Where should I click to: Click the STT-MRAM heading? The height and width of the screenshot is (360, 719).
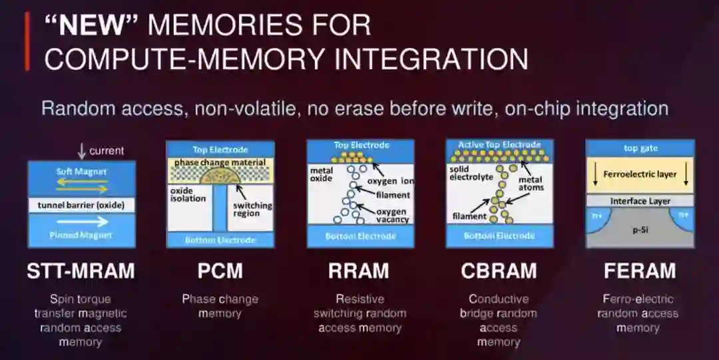81,271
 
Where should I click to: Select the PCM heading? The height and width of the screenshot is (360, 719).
220,271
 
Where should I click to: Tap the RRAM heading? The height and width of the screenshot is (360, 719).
359,271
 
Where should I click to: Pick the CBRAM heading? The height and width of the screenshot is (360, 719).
499,271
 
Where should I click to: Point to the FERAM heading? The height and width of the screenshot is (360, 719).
639,271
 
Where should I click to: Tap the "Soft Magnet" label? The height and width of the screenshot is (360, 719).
81,172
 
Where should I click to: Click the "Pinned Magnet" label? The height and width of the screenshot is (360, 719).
82,235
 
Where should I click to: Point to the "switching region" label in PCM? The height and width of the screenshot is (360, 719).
252,210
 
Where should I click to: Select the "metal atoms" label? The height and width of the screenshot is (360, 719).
531,183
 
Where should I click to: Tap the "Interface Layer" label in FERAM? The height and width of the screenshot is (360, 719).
640,201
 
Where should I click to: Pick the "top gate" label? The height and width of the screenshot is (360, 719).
640,148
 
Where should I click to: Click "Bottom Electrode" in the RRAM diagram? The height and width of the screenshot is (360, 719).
360,236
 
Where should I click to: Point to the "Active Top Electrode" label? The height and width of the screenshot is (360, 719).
499,144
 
